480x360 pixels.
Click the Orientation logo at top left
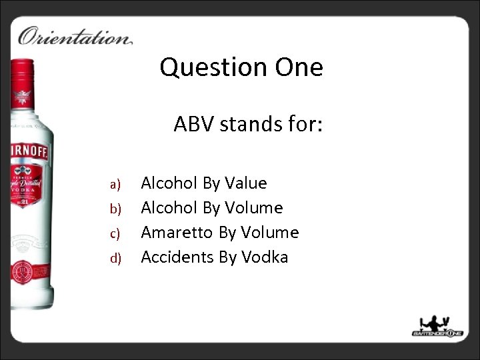tap(75, 35)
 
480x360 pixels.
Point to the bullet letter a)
tap(114, 184)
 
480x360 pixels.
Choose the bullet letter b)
tap(114, 209)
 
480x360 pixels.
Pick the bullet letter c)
tap(114, 233)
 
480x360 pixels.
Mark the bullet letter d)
tap(114, 258)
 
